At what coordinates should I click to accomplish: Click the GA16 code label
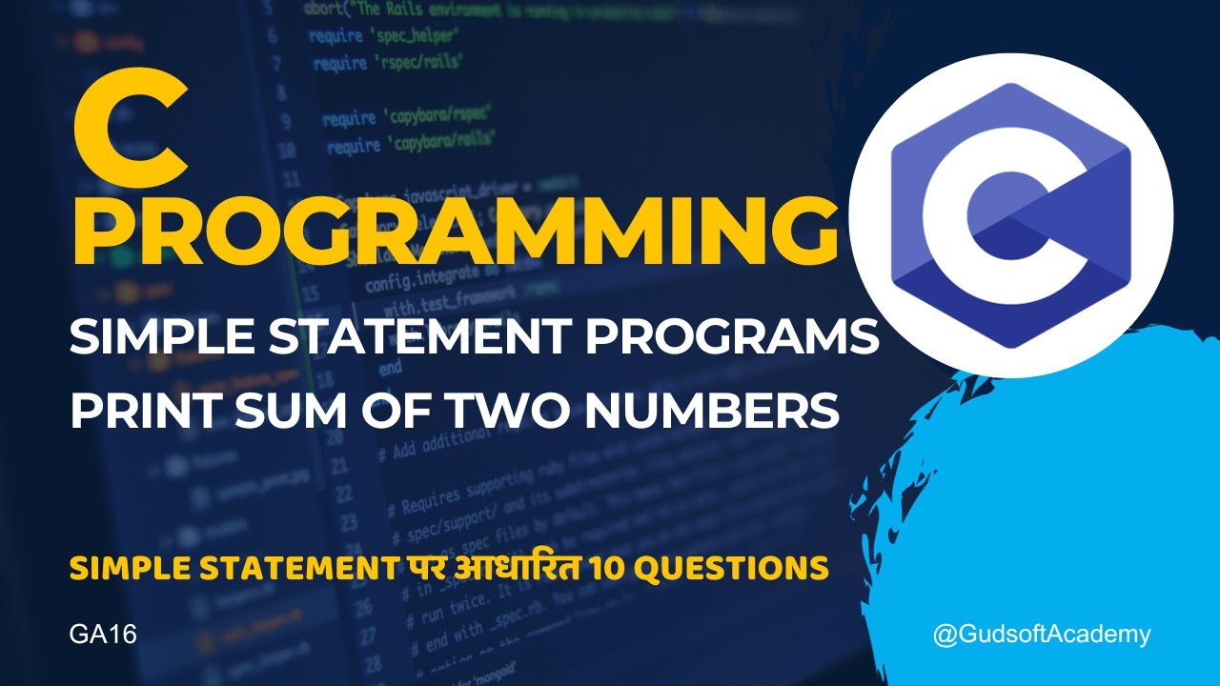click(103, 635)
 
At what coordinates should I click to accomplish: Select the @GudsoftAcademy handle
click(1042, 635)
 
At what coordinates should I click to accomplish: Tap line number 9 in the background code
click(285, 122)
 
